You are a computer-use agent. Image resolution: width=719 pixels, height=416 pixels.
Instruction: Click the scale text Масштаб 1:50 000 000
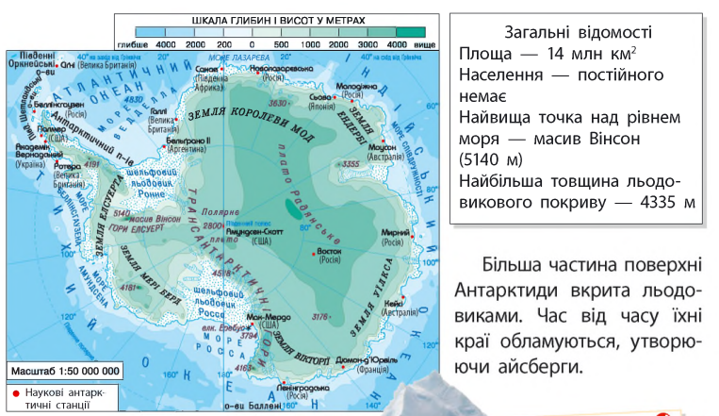(53, 371)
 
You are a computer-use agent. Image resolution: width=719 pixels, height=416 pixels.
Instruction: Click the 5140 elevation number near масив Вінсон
(120, 213)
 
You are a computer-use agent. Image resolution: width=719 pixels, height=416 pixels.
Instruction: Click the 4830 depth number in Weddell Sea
(133, 100)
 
